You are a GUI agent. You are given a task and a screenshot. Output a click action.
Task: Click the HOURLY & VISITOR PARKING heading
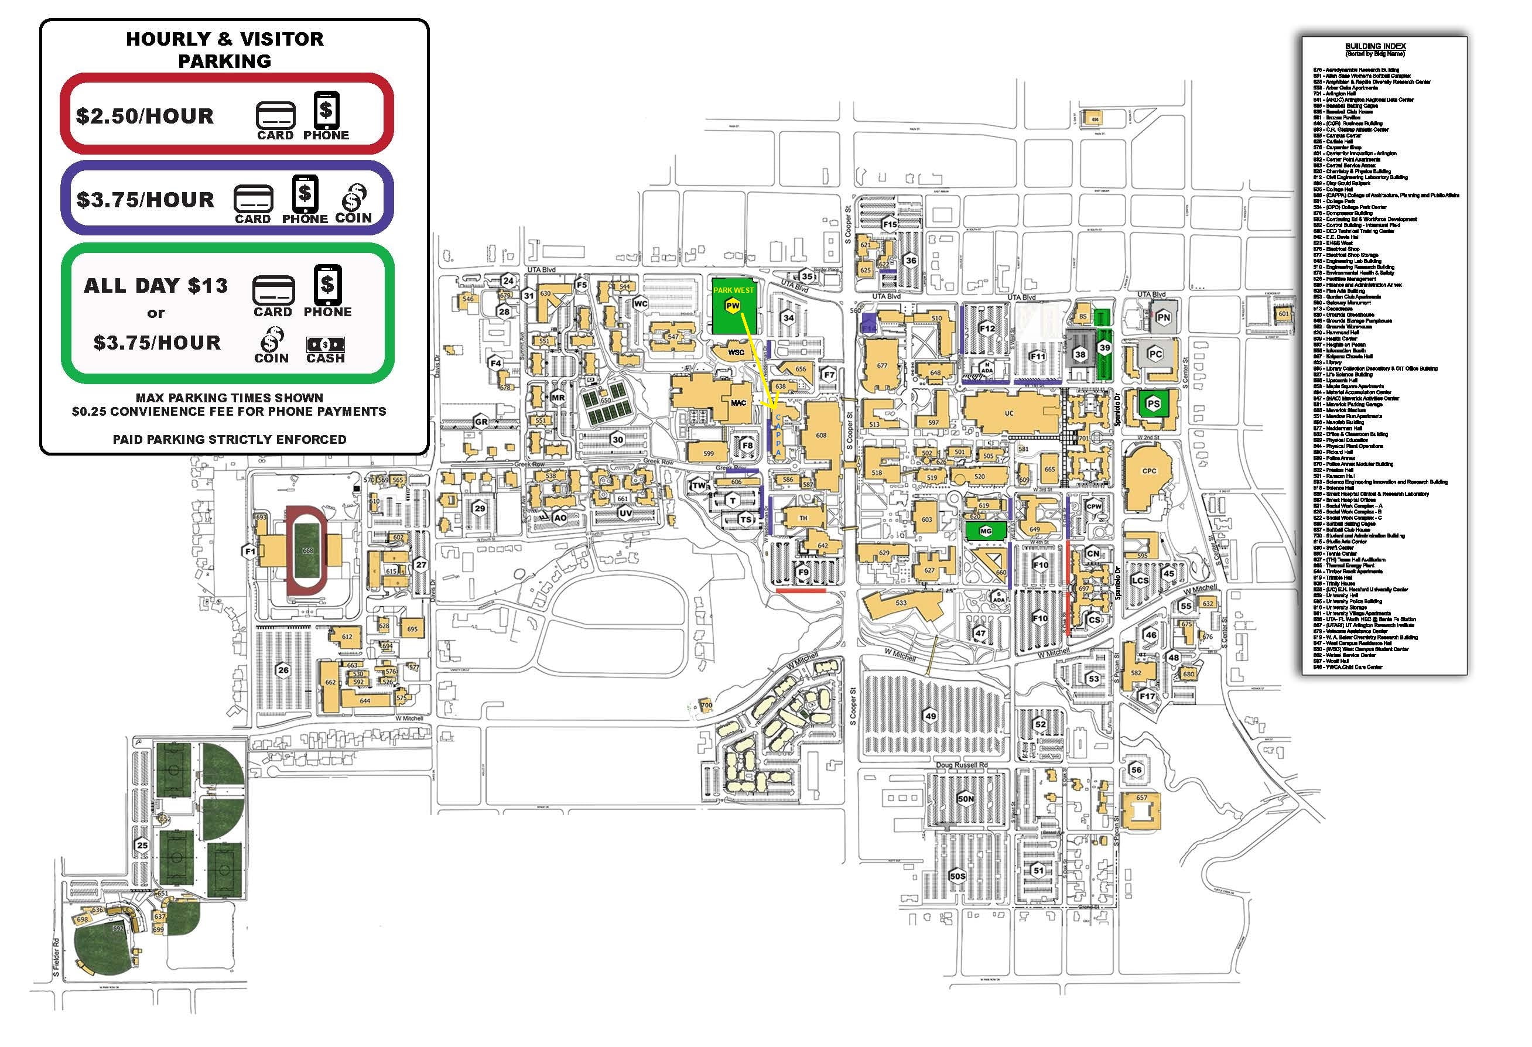(x=225, y=49)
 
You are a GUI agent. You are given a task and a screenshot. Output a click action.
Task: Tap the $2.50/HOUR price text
(x=145, y=116)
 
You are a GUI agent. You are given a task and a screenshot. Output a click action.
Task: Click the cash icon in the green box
(x=325, y=344)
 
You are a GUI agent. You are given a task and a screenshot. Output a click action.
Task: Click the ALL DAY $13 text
(x=156, y=286)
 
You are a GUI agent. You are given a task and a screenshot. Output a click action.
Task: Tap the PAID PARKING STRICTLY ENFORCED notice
(x=230, y=439)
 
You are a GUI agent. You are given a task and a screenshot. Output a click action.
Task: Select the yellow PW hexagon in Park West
(x=733, y=305)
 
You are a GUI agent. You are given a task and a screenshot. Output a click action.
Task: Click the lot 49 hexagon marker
(x=931, y=716)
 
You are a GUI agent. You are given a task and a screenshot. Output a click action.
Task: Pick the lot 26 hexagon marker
(x=283, y=670)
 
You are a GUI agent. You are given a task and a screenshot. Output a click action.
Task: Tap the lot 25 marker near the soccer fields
(x=142, y=844)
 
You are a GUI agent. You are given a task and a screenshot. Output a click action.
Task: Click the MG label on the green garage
(x=986, y=531)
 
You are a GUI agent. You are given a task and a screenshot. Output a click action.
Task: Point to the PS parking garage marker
(x=1153, y=404)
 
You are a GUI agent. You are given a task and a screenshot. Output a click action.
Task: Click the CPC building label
(x=1149, y=471)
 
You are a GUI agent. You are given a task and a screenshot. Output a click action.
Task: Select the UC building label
(x=1008, y=413)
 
